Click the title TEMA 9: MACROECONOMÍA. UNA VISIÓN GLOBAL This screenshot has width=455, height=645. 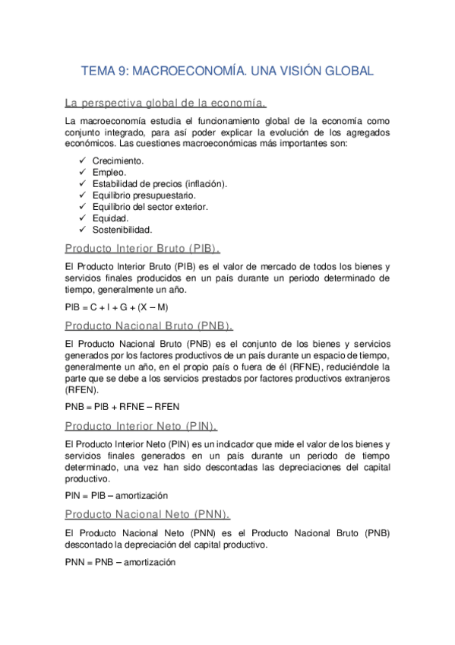click(x=227, y=71)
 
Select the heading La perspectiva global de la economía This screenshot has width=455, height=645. click(x=165, y=102)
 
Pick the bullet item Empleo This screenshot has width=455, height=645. click(x=109, y=173)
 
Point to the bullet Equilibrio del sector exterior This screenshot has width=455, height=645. click(x=150, y=207)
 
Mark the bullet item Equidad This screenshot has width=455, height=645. click(x=110, y=218)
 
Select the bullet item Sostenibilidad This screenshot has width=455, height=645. click(x=122, y=230)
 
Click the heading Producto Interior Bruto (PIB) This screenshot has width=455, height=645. click(x=143, y=248)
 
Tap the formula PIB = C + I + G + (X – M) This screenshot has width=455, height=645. click(x=116, y=307)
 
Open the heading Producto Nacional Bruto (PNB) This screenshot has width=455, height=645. click(x=148, y=326)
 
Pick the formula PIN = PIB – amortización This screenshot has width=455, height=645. click(x=116, y=495)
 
